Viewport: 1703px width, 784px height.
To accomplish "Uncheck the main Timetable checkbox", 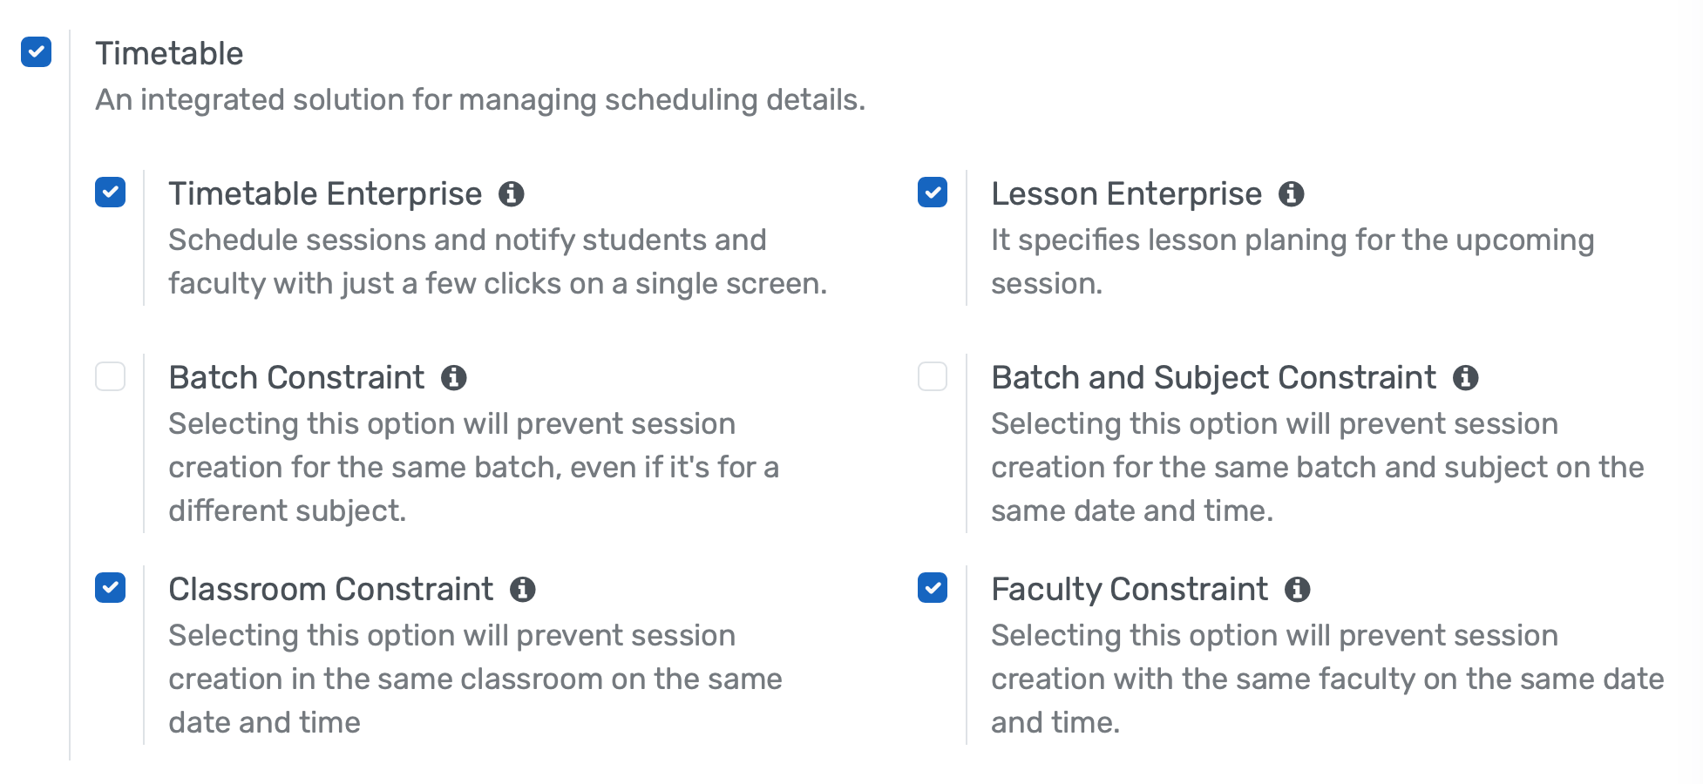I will (x=37, y=52).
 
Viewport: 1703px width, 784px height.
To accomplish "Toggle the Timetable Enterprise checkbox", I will (x=110, y=193).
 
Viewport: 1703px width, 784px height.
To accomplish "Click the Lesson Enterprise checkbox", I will (x=933, y=193).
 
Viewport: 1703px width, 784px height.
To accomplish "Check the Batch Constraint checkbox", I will (x=110, y=376).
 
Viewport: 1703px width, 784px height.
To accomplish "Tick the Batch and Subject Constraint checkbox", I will (x=933, y=376).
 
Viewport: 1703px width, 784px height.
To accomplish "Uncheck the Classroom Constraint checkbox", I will (x=110, y=588).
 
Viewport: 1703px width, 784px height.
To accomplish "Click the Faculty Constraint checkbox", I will (x=933, y=588).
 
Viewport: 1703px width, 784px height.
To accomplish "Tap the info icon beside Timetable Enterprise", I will (x=512, y=194).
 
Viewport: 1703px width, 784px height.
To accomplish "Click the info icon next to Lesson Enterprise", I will (x=1292, y=194).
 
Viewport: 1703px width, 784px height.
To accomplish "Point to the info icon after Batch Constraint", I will (x=454, y=378).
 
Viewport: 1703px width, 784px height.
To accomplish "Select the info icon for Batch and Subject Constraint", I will (x=1466, y=378).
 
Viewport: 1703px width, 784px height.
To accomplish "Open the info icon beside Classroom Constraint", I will (x=523, y=590).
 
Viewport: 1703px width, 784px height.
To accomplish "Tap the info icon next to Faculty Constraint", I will (x=1298, y=590).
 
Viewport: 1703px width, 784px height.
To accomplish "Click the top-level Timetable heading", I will (x=169, y=54).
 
